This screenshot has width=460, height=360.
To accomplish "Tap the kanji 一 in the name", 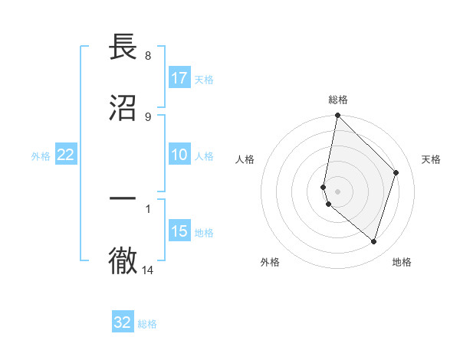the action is coord(123,198).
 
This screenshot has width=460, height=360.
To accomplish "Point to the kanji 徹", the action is coord(123,260).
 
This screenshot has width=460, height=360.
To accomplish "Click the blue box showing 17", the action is coord(179,78).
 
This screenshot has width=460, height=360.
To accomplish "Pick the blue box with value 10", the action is coord(179,155).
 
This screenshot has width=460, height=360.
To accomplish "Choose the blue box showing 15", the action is coord(179,231).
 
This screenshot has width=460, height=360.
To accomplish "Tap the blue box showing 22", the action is coord(66,155).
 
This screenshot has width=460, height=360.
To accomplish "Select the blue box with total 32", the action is coord(123,322).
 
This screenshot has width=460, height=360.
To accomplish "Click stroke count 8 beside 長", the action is coord(147,56).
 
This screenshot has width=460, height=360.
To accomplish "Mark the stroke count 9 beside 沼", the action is coord(147,116).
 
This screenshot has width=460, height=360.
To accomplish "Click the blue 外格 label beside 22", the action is coord(41,155).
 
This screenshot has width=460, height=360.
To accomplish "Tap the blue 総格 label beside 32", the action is coord(147,324).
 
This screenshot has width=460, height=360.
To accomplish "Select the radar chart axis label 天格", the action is coord(431,159).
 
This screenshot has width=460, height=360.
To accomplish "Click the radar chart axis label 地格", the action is coord(402,262).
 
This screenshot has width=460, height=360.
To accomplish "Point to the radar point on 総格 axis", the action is coord(337,116).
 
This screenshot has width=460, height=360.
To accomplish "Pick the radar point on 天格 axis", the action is coord(396,172).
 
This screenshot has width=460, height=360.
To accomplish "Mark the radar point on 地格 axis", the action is coord(373,241).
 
